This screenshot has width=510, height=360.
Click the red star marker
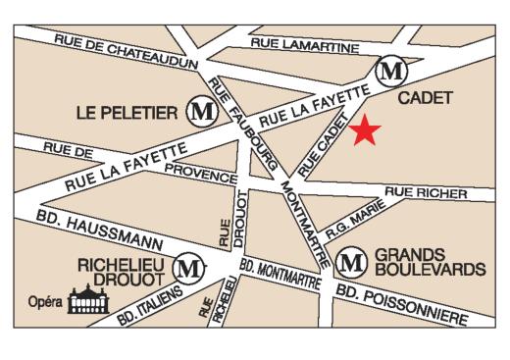pos(365,130)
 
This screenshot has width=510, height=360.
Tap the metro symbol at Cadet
pos(392,71)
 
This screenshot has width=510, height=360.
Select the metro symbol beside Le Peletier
pos(202,111)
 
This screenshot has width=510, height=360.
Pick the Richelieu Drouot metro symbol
pos(188,265)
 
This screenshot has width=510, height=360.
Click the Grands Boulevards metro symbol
pos(350,262)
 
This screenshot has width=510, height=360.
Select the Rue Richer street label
pos(425,193)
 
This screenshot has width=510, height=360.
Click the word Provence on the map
pos(200,173)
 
